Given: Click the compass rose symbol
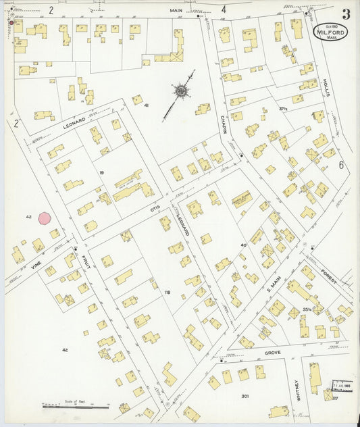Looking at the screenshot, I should [182, 91].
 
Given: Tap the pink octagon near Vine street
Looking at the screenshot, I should [45, 218].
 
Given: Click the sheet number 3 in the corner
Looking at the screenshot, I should [346, 14].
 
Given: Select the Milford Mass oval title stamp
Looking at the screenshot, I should [331, 32].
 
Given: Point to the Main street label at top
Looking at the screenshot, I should [176, 10].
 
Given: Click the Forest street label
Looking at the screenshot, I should [331, 274].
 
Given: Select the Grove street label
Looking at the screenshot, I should [272, 352].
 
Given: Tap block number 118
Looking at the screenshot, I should [167, 292].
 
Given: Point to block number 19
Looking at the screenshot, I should [101, 174].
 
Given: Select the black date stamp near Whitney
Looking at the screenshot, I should [343, 386].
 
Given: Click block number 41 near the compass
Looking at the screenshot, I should [146, 106].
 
